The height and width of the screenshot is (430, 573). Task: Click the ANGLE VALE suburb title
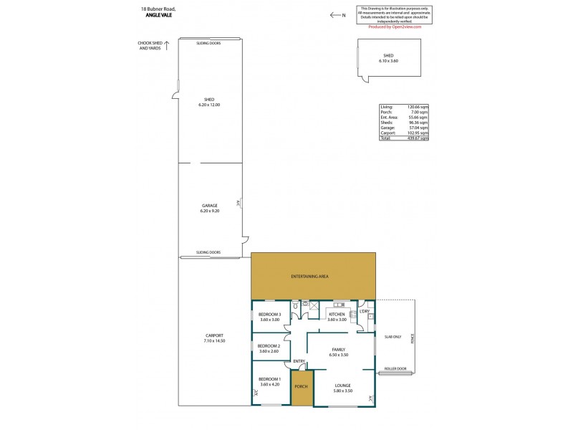[158, 14]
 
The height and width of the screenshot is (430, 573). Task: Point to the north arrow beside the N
[334, 14]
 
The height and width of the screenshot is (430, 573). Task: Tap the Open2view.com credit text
[395, 27]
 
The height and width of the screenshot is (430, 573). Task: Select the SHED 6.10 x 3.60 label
[388, 58]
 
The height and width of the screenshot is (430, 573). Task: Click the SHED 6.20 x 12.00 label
[209, 102]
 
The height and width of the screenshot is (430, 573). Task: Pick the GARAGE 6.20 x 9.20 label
[209, 208]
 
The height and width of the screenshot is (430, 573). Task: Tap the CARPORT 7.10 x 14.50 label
[214, 338]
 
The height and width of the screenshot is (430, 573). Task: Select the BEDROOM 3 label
[269, 317]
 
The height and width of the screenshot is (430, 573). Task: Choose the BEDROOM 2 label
[269, 348]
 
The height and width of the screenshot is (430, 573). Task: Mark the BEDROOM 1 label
[269, 381]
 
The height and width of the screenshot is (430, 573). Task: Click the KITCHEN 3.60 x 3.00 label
[336, 317]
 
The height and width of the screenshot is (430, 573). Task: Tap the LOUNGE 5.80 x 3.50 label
[342, 388]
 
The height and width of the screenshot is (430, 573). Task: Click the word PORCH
[302, 387]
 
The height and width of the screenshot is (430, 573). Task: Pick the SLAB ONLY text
[393, 336]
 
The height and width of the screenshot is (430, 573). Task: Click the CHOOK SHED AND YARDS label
[149, 45]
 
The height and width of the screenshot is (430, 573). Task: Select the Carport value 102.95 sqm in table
[419, 133]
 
